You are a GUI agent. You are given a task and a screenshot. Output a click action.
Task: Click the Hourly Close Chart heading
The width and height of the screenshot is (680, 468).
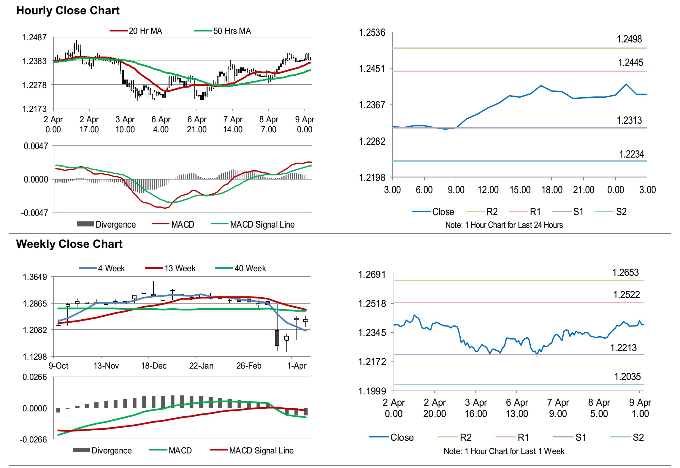68,11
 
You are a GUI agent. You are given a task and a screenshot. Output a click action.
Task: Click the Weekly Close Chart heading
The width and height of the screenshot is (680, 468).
69,244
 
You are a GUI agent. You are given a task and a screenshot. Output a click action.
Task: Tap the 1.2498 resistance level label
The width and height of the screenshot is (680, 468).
629,39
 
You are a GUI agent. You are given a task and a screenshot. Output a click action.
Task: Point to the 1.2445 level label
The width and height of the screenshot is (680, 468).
630,63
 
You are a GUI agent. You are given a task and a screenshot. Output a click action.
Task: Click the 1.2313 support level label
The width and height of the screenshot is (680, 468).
629,120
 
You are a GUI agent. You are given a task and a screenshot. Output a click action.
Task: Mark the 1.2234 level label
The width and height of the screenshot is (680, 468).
631,154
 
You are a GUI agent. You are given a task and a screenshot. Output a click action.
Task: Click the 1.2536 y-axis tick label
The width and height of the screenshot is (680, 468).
372,33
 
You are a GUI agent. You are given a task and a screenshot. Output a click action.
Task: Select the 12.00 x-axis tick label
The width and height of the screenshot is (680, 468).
488,190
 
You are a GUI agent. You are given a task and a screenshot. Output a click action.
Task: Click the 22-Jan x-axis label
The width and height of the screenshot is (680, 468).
201,366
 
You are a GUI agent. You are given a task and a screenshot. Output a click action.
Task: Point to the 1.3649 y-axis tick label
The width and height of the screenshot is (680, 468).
35,277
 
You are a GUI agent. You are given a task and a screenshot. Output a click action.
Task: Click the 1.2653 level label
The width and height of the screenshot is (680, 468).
625,272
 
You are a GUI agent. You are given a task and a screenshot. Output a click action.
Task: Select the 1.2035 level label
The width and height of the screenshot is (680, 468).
627,377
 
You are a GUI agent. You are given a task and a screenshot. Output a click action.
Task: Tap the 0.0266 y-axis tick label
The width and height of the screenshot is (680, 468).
35,377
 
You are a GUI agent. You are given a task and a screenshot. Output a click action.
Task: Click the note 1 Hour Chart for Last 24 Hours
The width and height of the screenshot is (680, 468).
504,225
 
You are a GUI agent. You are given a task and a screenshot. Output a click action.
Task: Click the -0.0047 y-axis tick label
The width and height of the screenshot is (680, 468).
34,213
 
